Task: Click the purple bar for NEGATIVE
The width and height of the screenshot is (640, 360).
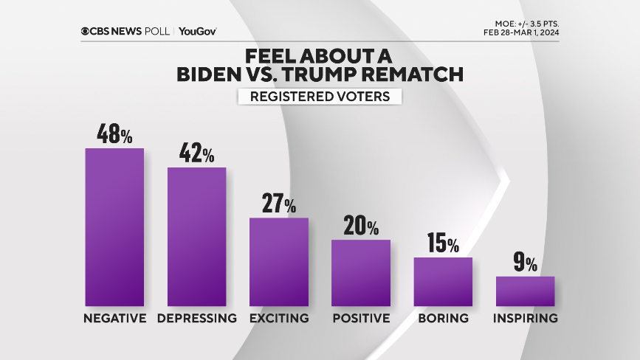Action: (x=114, y=226)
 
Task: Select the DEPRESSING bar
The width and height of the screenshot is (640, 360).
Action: (x=196, y=236)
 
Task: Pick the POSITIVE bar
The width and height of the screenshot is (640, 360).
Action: (x=360, y=272)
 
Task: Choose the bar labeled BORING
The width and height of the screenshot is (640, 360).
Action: (x=442, y=281)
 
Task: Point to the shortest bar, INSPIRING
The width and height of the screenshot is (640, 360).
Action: (x=525, y=291)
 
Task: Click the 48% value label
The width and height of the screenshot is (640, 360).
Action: (x=114, y=134)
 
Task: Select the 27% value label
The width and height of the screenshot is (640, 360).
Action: (x=278, y=204)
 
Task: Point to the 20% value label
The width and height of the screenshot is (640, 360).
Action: (x=360, y=226)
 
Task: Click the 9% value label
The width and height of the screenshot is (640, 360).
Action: (x=525, y=263)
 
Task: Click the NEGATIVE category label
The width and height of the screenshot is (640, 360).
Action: (x=114, y=319)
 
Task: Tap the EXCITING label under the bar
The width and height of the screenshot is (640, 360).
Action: (x=278, y=319)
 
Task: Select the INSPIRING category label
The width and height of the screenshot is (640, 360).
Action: (x=525, y=319)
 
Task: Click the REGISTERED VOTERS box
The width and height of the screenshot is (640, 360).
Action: (x=320, y=97)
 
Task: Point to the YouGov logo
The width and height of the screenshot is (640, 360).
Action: (x=197, y=31)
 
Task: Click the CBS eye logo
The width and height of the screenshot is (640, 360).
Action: (x=86, y=31)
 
